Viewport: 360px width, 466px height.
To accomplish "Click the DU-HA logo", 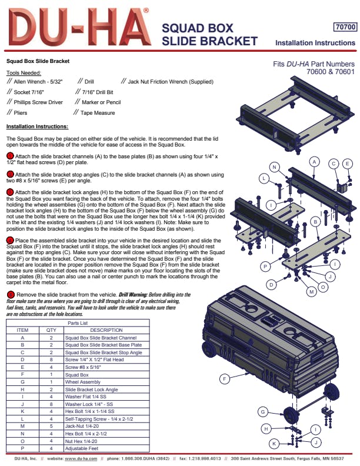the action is (79, 27).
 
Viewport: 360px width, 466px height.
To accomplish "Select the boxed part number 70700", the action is (345, 27).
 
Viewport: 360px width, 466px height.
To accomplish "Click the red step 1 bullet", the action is (10, 156).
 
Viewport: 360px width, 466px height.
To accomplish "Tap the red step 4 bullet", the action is (10, 240).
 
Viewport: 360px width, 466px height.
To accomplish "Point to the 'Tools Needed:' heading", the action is (24, 73).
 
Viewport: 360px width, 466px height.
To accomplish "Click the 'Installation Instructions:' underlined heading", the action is (38, 127).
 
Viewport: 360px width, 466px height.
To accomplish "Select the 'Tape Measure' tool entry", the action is (98, 113).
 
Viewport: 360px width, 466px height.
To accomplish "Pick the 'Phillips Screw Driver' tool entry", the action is (38, 102).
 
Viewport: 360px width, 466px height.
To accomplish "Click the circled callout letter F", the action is (224, 379).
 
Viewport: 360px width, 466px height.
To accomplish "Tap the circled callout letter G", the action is (262, 412).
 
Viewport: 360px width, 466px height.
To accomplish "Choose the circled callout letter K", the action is (274, 444).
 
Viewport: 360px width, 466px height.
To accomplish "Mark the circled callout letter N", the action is (274, 167).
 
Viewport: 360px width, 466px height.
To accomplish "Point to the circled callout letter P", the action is (265, 267).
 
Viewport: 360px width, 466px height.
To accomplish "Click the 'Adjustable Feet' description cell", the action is (82, 448).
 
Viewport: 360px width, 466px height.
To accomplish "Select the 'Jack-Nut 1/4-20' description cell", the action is (82, 426).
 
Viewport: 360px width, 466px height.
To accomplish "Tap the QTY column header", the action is (51, 330).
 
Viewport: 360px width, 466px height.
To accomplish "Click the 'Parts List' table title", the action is (78, 323).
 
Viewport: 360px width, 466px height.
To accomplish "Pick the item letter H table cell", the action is (22, 390).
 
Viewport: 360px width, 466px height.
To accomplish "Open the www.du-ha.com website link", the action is (81, 458).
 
